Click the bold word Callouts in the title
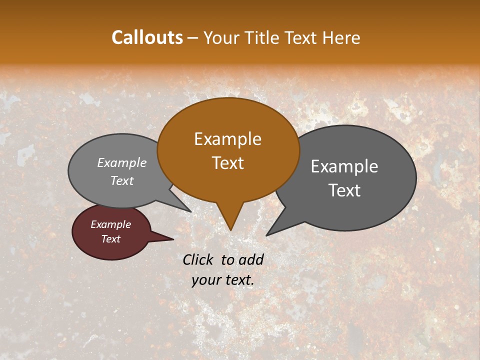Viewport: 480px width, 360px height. tap(147, 37)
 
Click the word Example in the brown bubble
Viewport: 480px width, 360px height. tap(227, 139)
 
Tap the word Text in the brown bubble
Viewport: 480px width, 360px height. tap(227, 163)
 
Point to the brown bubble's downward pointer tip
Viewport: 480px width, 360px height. tap(230, 229)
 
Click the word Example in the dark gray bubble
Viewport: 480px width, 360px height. tap(344, 166)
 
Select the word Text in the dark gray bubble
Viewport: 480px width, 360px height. tap(344, 190)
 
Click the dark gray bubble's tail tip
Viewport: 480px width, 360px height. tap(266, 235)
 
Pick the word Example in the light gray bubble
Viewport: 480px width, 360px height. tap(122, 162)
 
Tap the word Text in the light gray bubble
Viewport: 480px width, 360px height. tap(122, 181)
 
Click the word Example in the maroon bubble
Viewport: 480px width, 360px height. tap(110, 224)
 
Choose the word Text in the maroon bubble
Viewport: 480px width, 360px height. tap(110, 239)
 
